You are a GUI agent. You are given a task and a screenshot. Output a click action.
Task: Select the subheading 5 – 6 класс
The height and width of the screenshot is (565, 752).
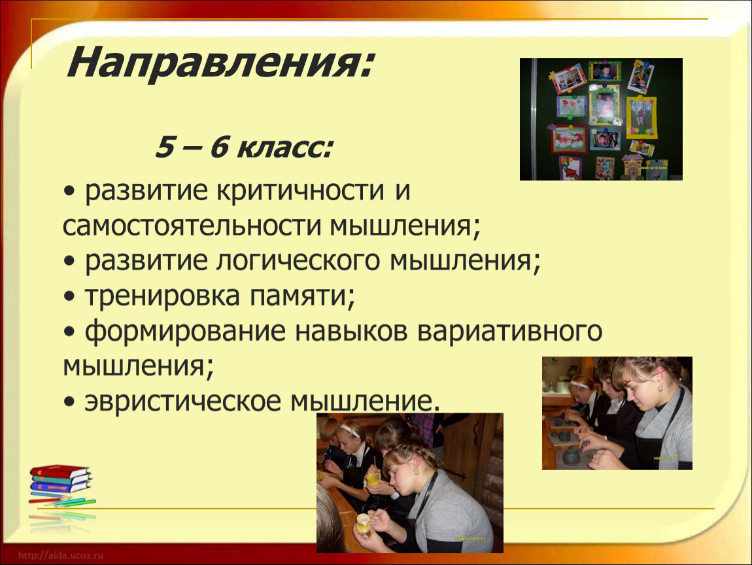pos(243,147)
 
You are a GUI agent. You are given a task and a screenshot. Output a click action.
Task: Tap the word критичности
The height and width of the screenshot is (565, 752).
pos(300,192)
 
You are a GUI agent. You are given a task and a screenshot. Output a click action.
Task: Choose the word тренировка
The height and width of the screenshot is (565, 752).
pos(162,296)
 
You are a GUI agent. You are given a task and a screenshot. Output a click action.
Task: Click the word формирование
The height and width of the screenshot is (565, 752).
pos(184,332)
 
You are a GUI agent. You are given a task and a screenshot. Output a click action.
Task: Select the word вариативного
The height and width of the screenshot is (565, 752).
pos(509,332)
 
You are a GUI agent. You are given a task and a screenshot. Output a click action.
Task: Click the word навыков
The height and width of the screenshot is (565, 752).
pos(350,332)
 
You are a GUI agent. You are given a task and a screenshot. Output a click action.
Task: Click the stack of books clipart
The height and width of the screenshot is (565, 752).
pos(61,485)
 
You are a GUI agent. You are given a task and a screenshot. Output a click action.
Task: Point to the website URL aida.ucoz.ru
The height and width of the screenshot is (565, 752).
pos(61,555)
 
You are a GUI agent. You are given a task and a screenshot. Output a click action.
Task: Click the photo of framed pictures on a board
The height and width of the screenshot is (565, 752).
pos(601,120)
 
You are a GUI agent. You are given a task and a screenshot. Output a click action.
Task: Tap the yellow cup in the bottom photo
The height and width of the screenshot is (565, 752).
pos(373,478)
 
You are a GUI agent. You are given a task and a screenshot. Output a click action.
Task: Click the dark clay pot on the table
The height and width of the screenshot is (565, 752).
pos(572,455)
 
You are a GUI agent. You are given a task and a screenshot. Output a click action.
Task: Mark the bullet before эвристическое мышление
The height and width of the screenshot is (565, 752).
pos(69,403)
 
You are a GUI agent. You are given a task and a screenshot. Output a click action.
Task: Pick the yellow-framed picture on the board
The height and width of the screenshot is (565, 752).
pos(641,118)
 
